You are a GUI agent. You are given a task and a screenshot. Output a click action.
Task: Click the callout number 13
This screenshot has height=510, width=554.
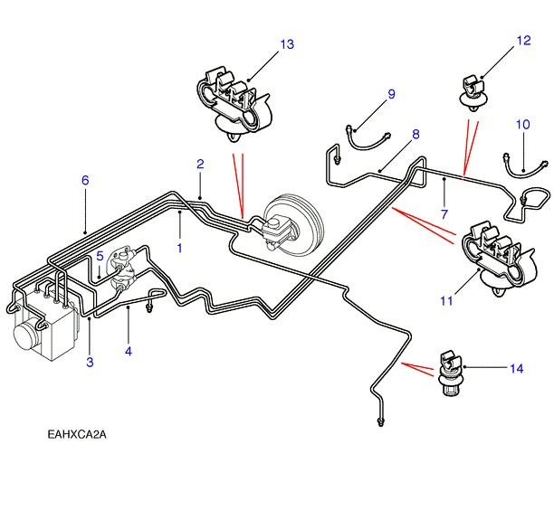[x=287, y=44]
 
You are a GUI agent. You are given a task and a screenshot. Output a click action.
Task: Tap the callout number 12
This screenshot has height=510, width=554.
[x=524, y=41]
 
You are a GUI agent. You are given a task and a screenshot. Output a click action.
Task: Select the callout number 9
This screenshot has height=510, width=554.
[x=392, y=94]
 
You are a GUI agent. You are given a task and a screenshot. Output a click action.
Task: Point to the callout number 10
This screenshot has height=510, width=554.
[x=522, y=124]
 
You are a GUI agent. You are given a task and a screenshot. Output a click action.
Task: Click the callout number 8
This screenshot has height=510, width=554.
[x=415, y=135]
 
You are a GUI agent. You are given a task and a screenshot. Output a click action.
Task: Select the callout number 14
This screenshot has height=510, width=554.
[x=516, y=368]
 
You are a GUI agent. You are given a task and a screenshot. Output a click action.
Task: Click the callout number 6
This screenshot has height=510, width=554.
[x=85, y=181]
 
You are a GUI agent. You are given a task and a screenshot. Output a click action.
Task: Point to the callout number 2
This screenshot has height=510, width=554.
[x=200, y=164]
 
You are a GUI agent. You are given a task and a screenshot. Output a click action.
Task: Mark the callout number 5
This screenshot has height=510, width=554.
[x=100, y=257]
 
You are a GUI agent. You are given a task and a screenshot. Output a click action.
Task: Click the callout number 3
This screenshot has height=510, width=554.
[x=90, y=363]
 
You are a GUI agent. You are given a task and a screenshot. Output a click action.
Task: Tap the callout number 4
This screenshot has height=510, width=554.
[x=129, y=351]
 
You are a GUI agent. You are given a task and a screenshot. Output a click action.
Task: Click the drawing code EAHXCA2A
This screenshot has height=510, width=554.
[x=78, y=435]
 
